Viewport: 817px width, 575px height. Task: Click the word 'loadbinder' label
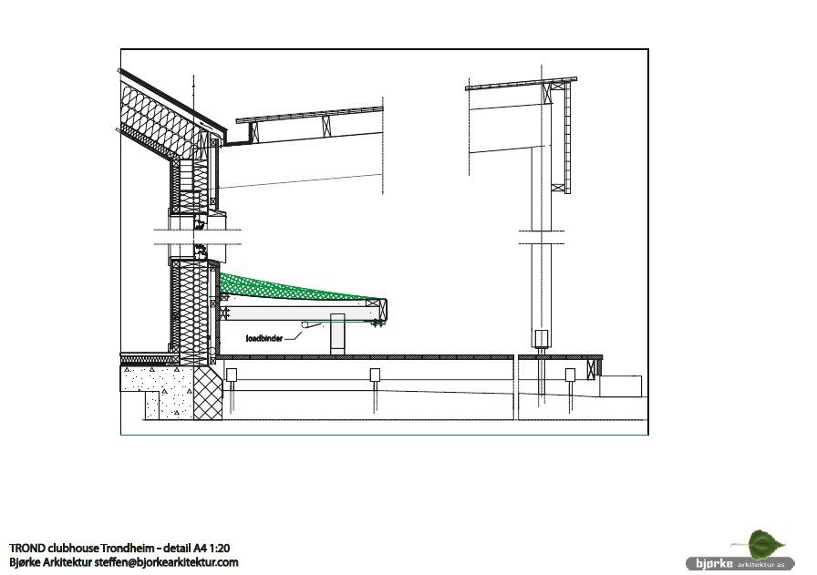[x=264, y=339]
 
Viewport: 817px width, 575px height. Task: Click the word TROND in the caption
[x=26, y=548]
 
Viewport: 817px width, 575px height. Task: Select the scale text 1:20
[x=220, y=548]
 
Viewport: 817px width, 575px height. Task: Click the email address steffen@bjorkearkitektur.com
[x=166, y=562]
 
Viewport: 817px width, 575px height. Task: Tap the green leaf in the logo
[x=765, y=544]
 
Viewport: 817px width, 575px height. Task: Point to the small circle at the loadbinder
[x=305, y=325]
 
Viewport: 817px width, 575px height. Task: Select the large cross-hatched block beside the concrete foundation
[x=209, y=393]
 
